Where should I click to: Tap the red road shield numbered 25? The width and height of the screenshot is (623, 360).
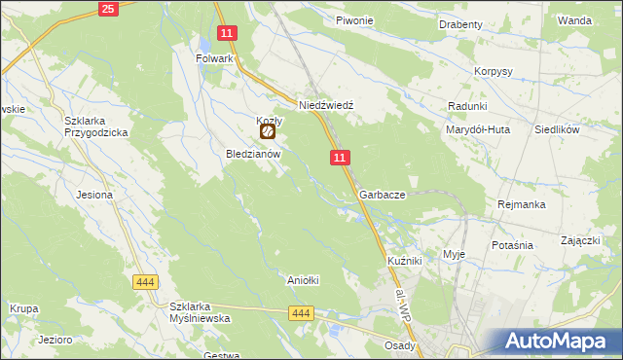(108, 10)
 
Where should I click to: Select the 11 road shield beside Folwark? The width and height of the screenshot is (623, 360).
(227, 33)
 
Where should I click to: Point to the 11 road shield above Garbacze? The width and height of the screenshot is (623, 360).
(339, 158)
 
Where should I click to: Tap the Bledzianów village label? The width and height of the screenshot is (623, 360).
(253, 154)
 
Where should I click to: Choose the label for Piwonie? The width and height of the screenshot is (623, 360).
(354, 20)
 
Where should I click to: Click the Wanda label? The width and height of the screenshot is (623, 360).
(574, 19)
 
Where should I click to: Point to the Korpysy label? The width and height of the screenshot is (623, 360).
(494, 72)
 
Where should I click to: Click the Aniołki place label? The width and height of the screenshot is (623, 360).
(303, 280)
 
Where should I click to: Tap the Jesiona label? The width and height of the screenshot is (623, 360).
(94, 195)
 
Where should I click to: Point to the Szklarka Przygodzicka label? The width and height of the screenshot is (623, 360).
(96, 126)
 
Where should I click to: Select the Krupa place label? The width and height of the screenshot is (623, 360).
(23, 308)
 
